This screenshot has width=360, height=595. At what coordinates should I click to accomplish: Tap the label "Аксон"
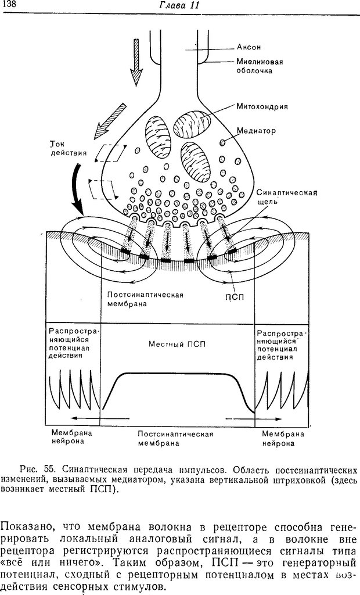tap(249, 47)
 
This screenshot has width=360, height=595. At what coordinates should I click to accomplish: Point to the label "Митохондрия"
tap(262, 106)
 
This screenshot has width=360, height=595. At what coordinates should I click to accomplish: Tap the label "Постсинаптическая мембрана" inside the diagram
tap(145, 299)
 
